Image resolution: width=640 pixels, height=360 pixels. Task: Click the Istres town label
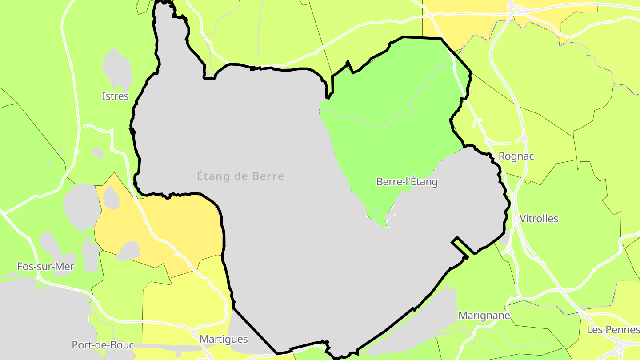pos(115,96)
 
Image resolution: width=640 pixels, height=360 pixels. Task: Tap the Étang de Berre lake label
pos(240,176)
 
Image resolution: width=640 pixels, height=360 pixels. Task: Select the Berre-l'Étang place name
pos(407,181)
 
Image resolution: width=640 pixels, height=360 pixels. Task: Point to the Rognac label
pos(516,156)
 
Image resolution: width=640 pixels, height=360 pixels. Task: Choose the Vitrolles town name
pos(539,218)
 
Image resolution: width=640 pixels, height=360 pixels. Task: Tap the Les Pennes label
pos(613,329)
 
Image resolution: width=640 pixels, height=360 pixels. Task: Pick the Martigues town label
pos(224,339)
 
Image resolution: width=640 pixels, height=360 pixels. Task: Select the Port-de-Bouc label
pos(103,345)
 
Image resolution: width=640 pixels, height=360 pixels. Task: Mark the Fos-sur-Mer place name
pos(45,266)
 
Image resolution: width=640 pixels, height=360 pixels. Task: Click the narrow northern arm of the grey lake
pos(171,36)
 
